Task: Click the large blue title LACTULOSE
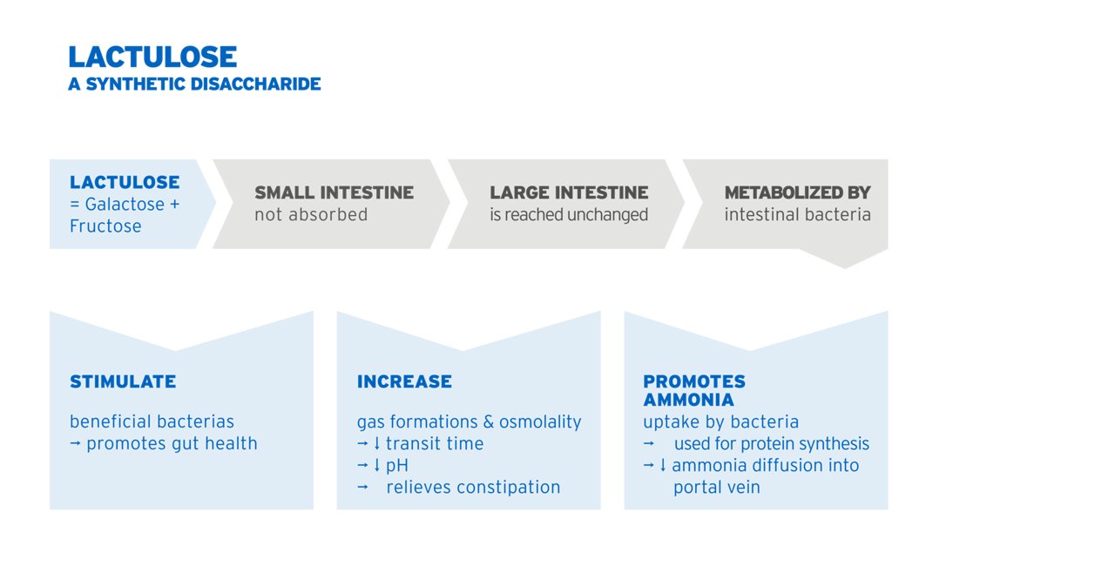coord(152,57)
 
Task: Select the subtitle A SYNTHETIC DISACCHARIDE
coord(194,84)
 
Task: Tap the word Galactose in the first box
coord(125,205)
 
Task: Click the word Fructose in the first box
coord(105,226)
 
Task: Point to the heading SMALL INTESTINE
coord(334,192)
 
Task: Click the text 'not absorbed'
coord(311,214)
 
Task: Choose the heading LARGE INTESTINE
coord(569,192)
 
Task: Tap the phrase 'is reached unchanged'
coord(569,214)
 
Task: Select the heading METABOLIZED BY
coord(797,192)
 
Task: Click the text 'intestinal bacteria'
coord(797,214)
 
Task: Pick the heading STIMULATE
coord(123,381)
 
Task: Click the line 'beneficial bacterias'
coord(152,421)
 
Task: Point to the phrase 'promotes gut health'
coord(172,443)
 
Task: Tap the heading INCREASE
coord(404,381)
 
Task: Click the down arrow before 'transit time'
coord(377,443)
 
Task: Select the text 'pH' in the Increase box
coord(397,466)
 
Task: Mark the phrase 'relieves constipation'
coord(473,488)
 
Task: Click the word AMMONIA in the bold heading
coord(688,400)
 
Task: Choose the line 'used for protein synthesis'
coord(772,443)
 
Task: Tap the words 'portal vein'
coord(717,488)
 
